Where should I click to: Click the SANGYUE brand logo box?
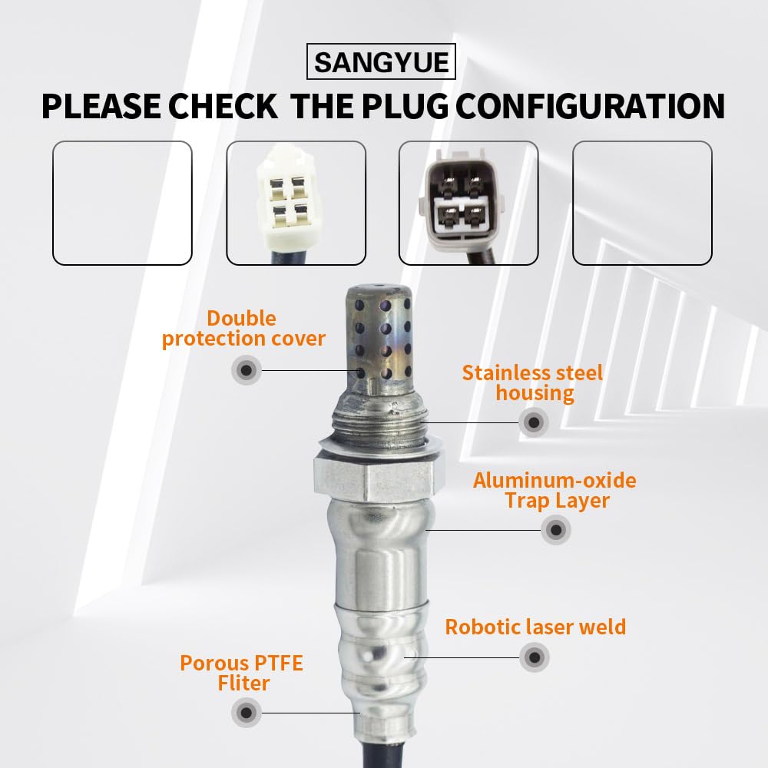click(x=381, y=62)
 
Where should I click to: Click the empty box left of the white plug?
click(x=122, y=203)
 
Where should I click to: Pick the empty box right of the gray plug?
click(x=642, y=203)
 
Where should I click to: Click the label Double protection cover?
click(x=243, y=329)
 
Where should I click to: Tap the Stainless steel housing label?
click(x=533, y=383)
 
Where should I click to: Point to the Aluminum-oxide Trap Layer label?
click(x=554, y=491)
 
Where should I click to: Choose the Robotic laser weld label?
click(x=535, y=627)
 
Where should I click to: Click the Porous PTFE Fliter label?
click(x=241, y=672)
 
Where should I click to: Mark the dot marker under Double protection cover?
click(x=246, y=370)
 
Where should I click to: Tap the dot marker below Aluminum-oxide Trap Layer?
click(x=555, y=529)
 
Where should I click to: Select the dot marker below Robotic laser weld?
click(x=535, y=657)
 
